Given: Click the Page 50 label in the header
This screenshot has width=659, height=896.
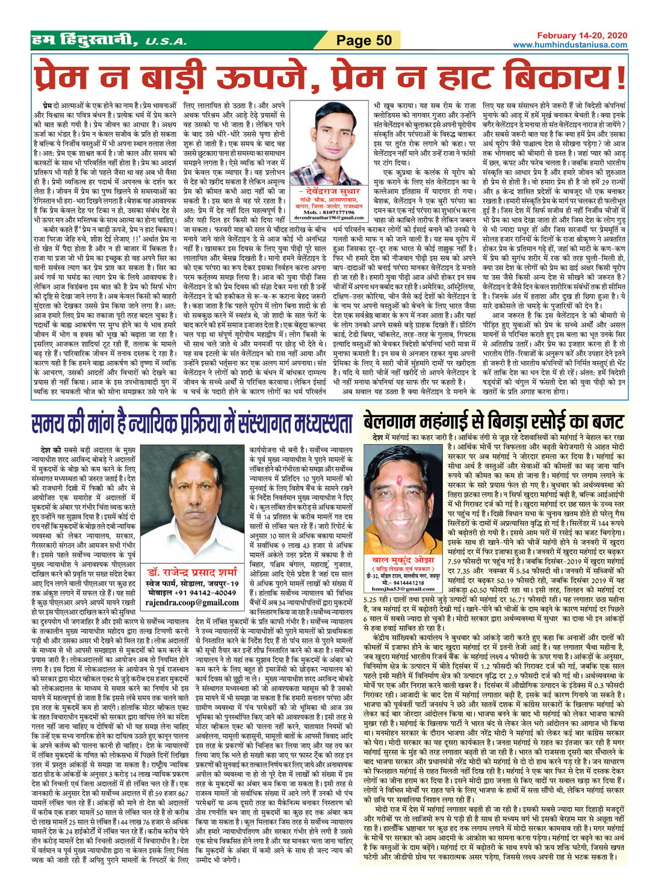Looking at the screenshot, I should pyautogui.click(x=364, y=40).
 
